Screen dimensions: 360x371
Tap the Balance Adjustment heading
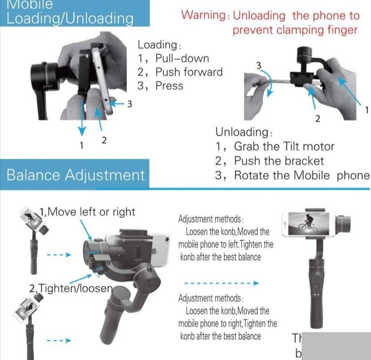click(76, 175)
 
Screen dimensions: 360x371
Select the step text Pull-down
click(182, 58)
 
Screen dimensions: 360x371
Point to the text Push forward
click(189, 72)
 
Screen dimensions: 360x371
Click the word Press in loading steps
click(169, 86)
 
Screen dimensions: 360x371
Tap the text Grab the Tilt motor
click(284, 146)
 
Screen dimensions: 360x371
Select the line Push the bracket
click(279, 161)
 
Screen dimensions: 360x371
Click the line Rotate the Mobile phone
click(302, 175)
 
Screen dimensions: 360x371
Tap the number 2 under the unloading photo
click(317, 119)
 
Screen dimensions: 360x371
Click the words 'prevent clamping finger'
click(295, 30)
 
